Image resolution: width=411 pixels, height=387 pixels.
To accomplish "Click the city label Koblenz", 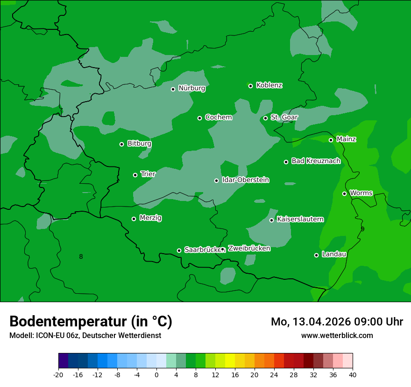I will [269, 85].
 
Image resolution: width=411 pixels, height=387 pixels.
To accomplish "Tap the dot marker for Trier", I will [135, 175].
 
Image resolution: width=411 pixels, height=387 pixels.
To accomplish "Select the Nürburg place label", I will [192, 88].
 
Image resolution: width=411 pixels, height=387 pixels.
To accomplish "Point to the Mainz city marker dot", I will [331, 140].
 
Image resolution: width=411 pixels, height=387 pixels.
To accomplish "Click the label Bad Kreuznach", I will [316, 161].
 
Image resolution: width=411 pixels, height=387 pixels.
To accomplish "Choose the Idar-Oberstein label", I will [246, 180].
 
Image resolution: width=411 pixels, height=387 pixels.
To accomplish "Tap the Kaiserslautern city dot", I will [271, 220].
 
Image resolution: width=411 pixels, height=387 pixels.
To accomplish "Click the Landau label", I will [334, 254].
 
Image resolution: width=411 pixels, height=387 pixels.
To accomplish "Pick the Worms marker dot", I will [344, 193].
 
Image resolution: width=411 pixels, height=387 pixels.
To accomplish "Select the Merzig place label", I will [150, 218].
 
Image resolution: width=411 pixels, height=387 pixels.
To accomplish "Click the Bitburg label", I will [139, 144].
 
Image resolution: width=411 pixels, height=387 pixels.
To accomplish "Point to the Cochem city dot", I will [199, 118].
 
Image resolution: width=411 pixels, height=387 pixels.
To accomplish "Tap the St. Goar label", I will [284, 117].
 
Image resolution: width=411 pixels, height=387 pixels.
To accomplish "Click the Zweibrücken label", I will [249, 249].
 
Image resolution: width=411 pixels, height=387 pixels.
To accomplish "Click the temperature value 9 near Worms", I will [362, 229].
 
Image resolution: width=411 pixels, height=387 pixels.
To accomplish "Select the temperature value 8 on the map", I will [81, 256].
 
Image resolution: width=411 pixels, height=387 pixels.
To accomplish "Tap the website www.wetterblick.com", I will [337, 335].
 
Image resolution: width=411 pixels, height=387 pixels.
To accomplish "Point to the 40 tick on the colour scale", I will [353, 374].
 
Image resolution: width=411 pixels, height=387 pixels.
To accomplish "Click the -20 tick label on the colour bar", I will [58, 374].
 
